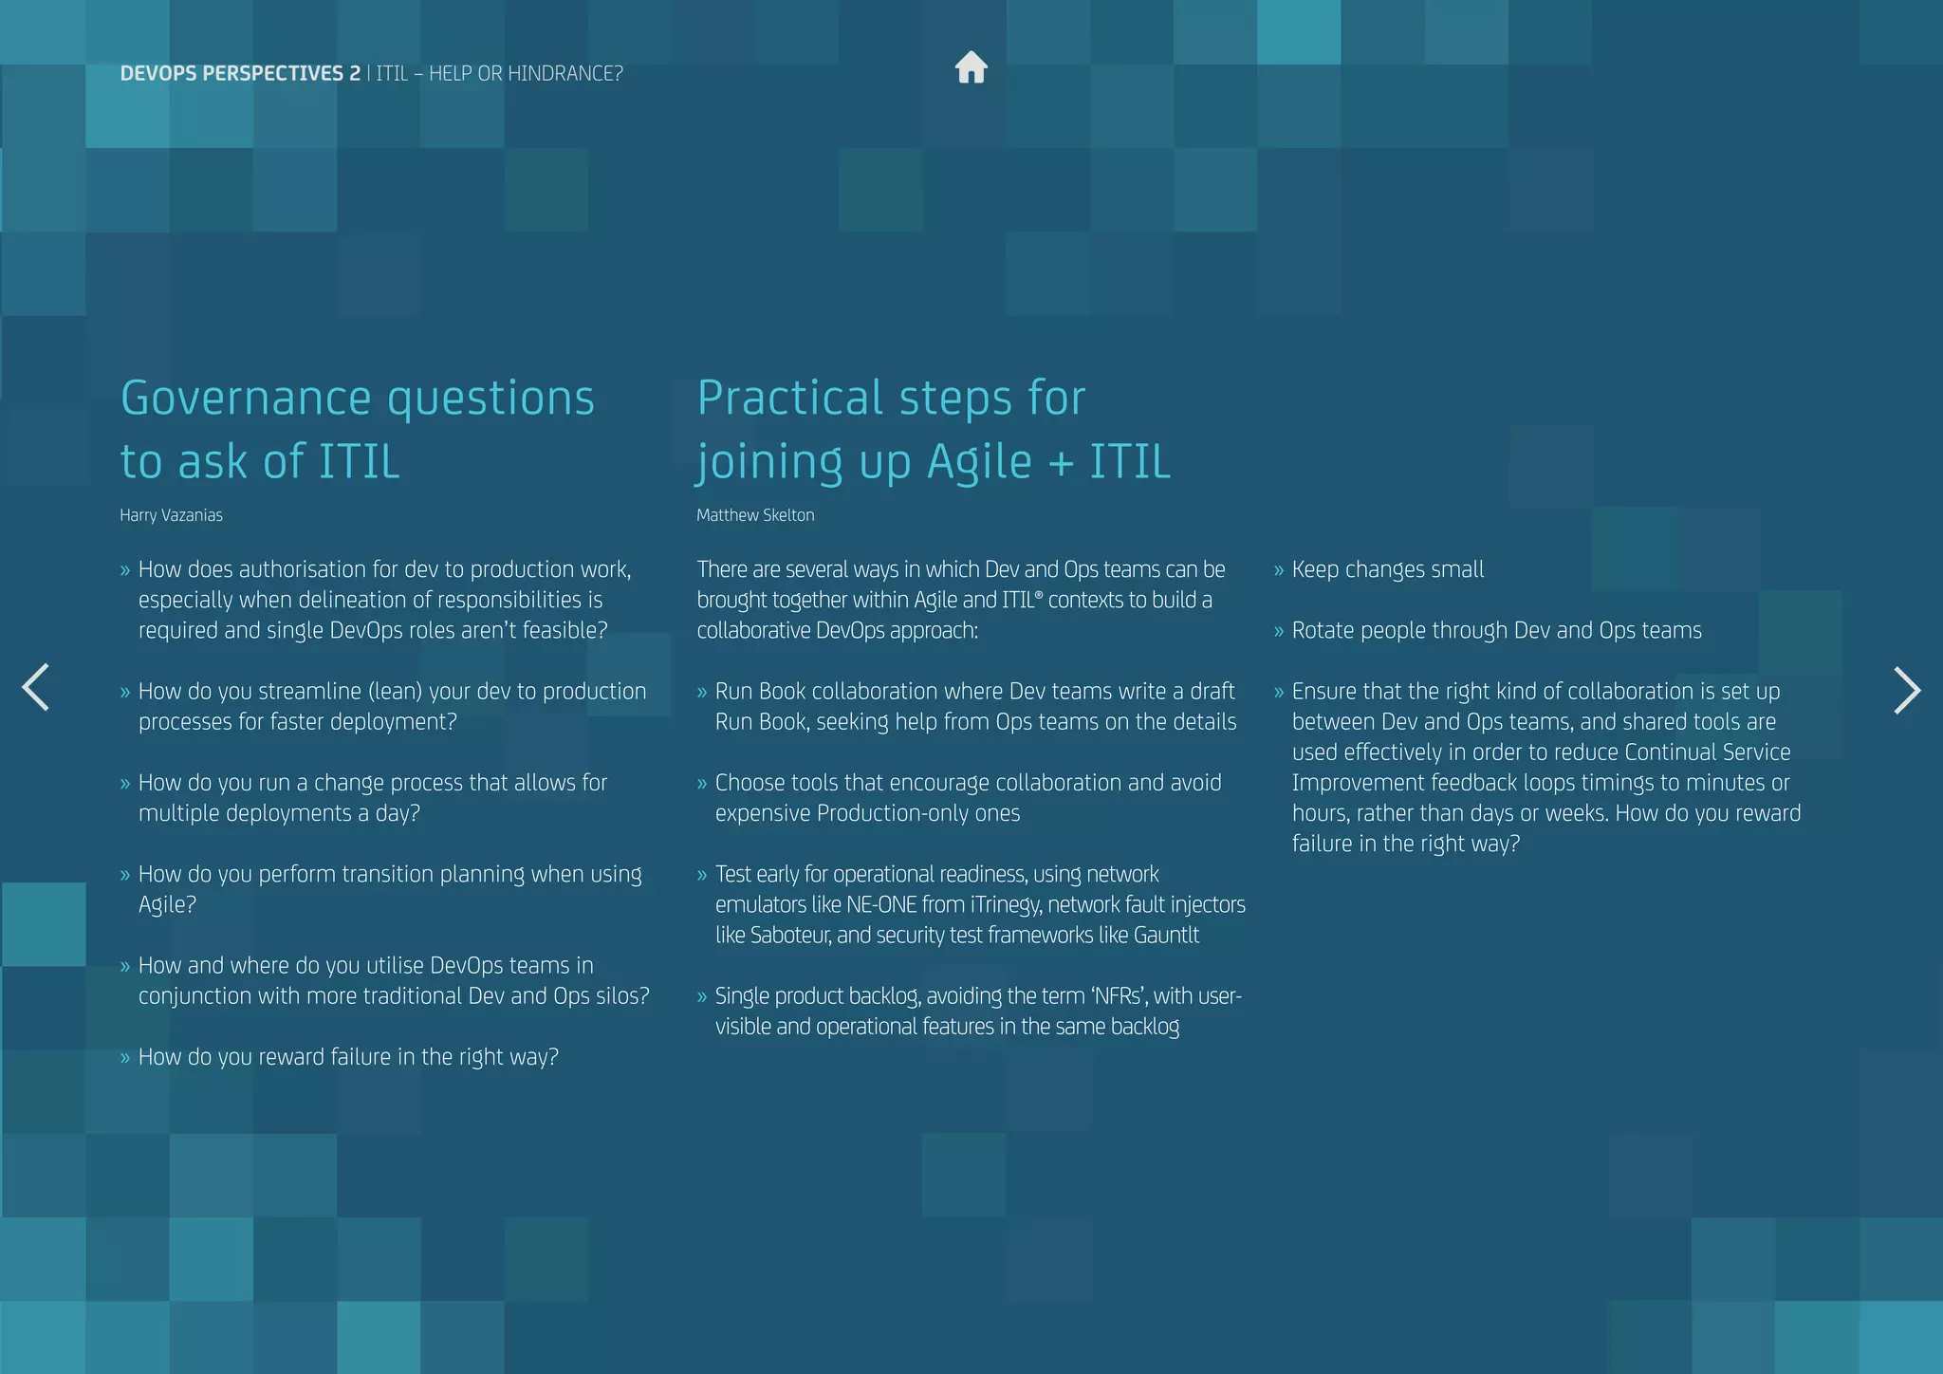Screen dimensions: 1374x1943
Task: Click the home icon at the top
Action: click(971, 68)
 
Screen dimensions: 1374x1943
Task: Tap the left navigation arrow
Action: click(35, 687)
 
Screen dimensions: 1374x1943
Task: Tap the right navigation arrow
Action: click(1906, 690)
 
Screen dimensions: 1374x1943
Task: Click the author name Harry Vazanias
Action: click(171, 515)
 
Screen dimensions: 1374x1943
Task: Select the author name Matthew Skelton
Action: click(755, 515)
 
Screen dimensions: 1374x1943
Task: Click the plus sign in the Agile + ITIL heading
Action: click(1061, 463)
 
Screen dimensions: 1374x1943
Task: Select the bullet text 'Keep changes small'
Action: click(1387, 569)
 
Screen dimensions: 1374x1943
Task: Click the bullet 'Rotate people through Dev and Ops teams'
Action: click(1496, 630)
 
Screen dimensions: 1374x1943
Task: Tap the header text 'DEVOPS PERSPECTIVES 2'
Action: click(240, 74)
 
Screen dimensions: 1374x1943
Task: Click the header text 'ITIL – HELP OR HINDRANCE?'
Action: click(499, 74)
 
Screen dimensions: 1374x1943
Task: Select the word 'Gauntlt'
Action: click(1166, 935)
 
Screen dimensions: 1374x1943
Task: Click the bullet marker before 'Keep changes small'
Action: click(1278, 570)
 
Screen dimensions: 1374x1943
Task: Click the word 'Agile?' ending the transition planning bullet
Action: click(167, 904)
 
